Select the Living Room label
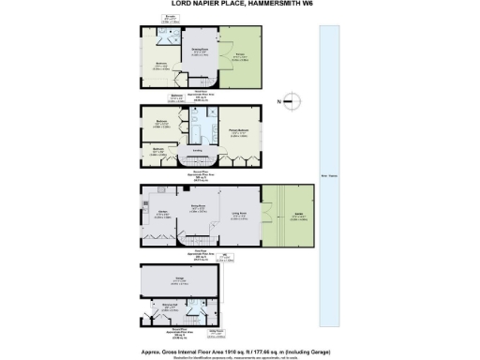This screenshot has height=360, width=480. pos(239,215)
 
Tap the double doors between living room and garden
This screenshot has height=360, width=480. pos(262,215)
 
